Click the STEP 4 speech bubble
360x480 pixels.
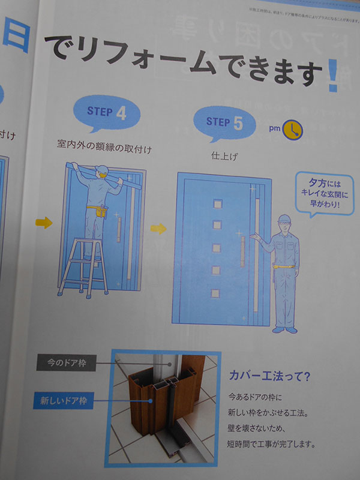107,112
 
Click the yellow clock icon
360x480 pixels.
293,129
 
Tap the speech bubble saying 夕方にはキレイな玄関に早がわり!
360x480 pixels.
325,193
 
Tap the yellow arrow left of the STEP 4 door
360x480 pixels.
44,223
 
